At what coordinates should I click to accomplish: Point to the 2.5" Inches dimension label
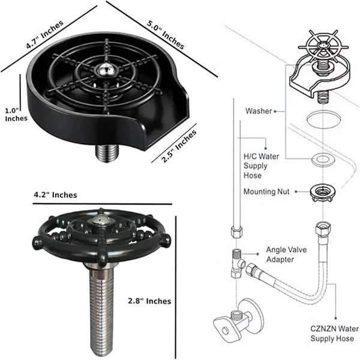[x=179, y=146]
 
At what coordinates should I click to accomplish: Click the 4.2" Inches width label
[x=55, y=195]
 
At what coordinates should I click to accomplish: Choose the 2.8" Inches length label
[x=150, y=301]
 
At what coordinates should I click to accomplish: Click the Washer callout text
[x=259, y=111]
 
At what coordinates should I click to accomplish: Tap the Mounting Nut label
[x=266, y=192]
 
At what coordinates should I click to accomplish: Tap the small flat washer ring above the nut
[x=322, y=159]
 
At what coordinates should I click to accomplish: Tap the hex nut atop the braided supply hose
[x=322, y=228]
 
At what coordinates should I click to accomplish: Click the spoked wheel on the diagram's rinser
[x=323, y=46]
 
